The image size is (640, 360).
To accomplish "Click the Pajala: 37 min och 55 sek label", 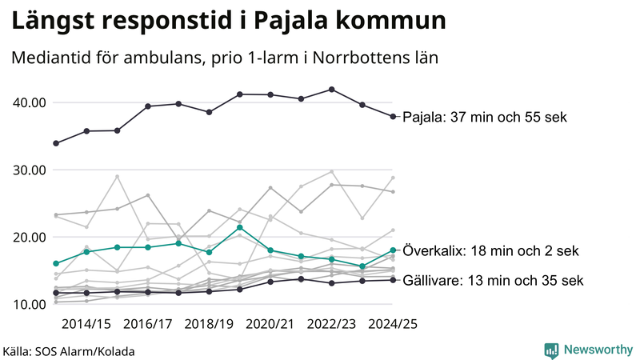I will [484, 118].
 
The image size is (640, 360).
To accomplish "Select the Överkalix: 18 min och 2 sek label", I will [490, 251].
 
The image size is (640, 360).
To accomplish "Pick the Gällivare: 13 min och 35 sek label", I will [493, 281].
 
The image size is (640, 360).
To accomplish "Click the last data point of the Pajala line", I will [393, 117].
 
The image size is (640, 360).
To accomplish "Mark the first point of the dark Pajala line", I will [55, 143].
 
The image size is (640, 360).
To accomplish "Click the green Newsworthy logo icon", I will [551, 350].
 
